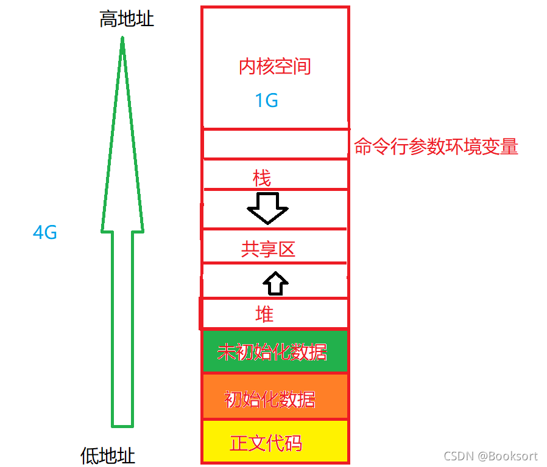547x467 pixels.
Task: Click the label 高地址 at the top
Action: pos(127,20)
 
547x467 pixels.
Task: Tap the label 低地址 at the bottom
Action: pos(108,455)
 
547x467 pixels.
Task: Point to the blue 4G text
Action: pos(45,232)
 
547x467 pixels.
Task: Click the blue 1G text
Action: pos(266,100)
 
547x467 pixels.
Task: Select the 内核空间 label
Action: pos(275,66)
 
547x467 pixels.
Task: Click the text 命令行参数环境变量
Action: pos(436,147)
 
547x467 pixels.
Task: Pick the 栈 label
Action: pos(262,178)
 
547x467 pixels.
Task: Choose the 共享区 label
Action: pos(269,249)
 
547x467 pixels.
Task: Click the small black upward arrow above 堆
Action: pos(276,283)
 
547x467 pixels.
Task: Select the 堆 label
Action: pos(264,314)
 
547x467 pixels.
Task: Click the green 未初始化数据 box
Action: pos(275,351)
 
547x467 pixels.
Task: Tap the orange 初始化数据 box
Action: pos(275,397)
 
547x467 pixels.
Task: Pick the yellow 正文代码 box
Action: pos(275,441)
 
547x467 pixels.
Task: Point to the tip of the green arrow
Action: pos(122,40)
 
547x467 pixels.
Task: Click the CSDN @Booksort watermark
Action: pos(490,456)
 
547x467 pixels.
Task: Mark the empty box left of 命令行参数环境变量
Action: pos(275,144)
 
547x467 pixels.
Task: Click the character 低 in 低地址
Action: pos(90,455)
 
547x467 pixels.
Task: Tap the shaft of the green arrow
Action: pos(122,328)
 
